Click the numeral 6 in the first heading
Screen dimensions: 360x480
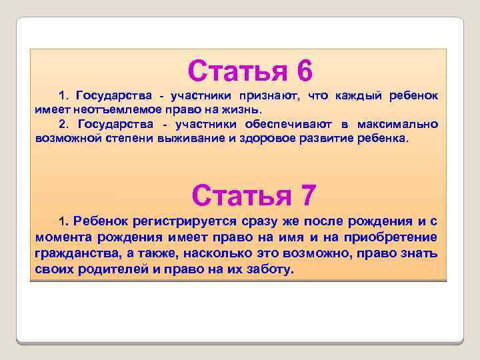[301, 71]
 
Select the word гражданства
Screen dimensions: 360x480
[78, 254]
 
